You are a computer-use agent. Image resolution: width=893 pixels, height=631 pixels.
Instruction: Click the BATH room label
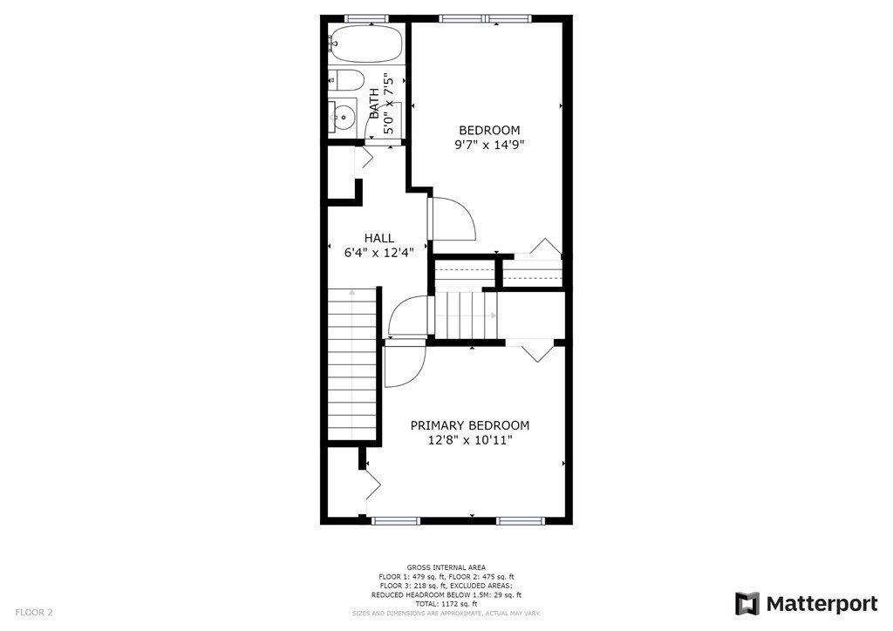(374, 103)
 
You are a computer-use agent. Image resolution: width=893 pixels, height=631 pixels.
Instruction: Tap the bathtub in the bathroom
(365, 42)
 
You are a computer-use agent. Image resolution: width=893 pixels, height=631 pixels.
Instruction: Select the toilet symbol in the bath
(346, 80)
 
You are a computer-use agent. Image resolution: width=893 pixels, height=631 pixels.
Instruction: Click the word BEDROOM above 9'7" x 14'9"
(489, 130)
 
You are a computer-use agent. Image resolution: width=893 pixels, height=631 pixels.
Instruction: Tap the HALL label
(379, 238)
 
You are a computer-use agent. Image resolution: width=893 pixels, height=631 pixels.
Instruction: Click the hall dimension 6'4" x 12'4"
(379, 253)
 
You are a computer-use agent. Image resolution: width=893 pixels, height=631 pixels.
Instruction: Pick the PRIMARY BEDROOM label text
(470, 425)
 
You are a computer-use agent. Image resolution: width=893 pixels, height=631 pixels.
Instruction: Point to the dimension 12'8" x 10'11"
(470, 440)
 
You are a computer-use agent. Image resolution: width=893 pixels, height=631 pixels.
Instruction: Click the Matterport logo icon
(747, 604)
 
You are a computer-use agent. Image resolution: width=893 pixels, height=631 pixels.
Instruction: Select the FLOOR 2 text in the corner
(34, 613)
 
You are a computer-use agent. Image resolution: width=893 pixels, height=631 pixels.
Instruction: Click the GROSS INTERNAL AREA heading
(446, 567)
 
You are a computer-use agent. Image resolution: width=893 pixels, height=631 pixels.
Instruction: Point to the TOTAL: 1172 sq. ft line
(446, 604)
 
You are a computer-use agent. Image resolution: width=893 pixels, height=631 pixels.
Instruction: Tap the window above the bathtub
(365, 18)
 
